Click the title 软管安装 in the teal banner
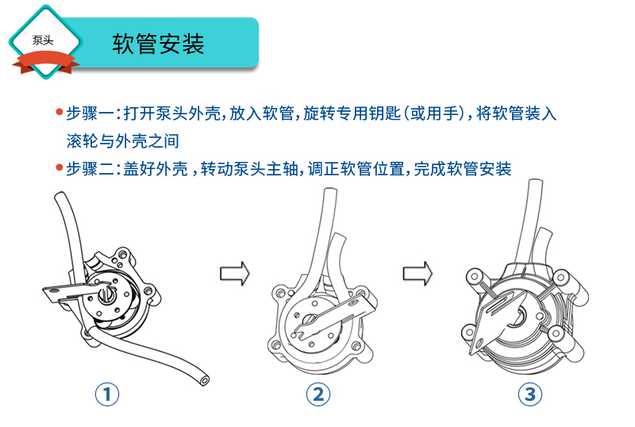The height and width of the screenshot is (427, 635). [x=159, y=43]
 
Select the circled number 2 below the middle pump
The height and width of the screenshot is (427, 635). [x=318, y=393]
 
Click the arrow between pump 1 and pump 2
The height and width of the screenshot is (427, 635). [x=233, y=273]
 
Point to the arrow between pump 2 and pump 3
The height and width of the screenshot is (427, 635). [x=417, y=273]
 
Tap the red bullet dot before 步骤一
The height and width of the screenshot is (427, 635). [x=59, y=113]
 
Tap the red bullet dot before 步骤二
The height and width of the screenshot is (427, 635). [x=59, y=168]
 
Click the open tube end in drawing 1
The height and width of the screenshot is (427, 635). [x=206, y=382]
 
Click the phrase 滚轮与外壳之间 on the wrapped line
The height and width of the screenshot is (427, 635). [x=122, y=141]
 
